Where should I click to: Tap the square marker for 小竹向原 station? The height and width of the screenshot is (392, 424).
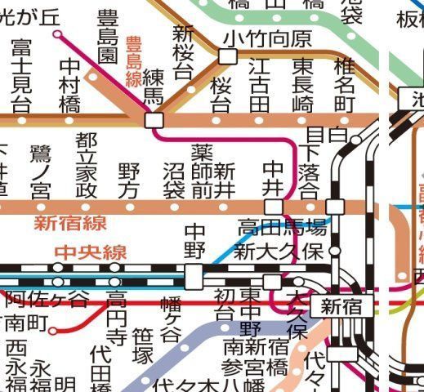pos(228,56)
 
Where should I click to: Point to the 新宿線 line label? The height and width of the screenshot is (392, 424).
pos(70,223)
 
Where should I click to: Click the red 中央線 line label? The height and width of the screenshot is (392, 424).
pos(90,252)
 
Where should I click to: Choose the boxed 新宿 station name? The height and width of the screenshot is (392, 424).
pos(341,307)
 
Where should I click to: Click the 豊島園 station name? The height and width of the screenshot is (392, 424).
pos(108,38)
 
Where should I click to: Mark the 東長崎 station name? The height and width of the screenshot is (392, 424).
pos(303,84)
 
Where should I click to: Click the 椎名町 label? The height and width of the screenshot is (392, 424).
pos(346,84)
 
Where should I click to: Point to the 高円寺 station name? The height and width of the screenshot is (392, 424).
pos(117,318)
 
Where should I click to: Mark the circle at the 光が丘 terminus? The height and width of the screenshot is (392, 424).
pos(57,35)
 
